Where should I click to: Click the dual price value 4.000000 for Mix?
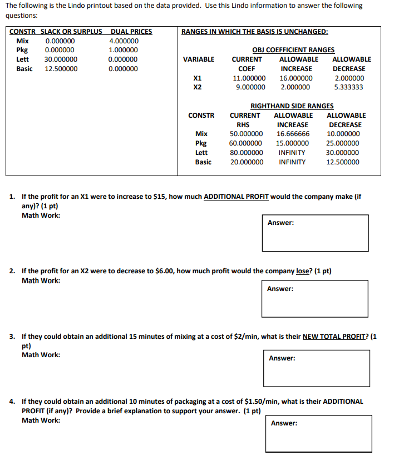(x=124, y=41)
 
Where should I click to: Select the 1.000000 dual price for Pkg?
(x=124, y=50)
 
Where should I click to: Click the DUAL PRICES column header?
(x=131, y=32)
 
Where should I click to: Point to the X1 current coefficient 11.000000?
(x=249, y=78)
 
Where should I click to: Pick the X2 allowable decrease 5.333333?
(x=349, y=87)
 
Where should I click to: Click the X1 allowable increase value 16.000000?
(x=296, y=78)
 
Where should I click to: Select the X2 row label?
(x=197, y=87)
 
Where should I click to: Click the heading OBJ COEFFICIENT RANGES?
(x=293, y=50)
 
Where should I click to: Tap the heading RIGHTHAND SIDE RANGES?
(x=292, y=106)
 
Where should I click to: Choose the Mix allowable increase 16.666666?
(x=293, y=134)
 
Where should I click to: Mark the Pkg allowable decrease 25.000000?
(x=343, y=143)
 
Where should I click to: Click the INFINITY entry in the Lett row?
(x=292, y=153)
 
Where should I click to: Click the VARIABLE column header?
(x=199, y=59)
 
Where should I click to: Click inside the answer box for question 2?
(x=315, y=303)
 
